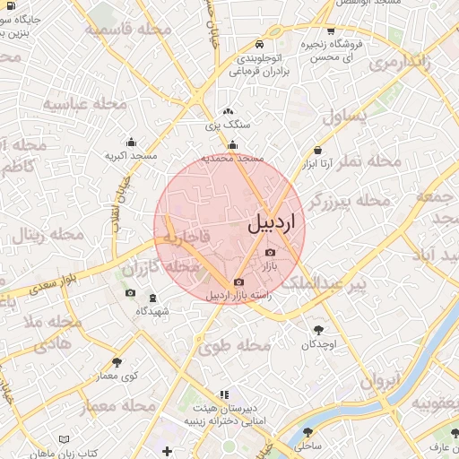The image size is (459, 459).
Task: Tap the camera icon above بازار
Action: [x=271, y=253]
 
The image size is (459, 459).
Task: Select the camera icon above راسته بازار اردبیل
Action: [x=238, y=282]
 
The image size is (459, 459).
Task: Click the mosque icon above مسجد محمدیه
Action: [x=233, y=145]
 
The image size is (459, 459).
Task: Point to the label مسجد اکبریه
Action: [x=131, y=156]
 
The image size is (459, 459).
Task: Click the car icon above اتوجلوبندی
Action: [x=259, y=44]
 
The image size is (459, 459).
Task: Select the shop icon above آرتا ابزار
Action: [x=317, y=151]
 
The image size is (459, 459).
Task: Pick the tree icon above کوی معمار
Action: [x=117, y=362]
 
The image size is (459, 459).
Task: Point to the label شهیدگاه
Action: [x=152, y=311]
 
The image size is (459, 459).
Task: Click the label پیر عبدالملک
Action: [x=333, y=284]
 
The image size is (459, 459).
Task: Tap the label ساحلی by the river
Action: [x=307, y=445]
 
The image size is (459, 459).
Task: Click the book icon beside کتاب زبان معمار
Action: [x=64, y=439]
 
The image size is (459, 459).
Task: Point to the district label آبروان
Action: [x=378, y=381]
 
